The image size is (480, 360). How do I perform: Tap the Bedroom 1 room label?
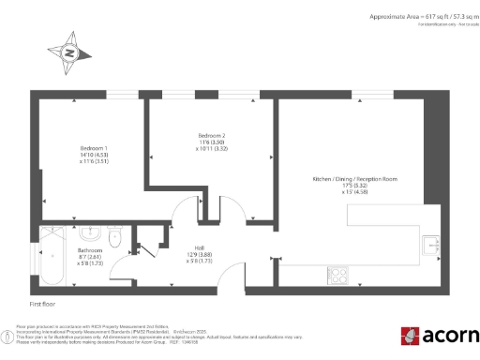93,148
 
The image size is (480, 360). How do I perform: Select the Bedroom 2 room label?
212,136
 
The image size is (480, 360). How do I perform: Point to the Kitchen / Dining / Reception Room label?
355,179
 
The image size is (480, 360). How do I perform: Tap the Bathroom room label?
90,250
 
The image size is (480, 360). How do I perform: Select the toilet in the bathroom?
115,236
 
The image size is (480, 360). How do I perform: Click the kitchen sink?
431,245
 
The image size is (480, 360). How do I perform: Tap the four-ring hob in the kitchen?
338,275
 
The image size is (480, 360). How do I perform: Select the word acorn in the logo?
449,336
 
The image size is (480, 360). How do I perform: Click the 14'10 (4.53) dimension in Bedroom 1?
93,155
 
